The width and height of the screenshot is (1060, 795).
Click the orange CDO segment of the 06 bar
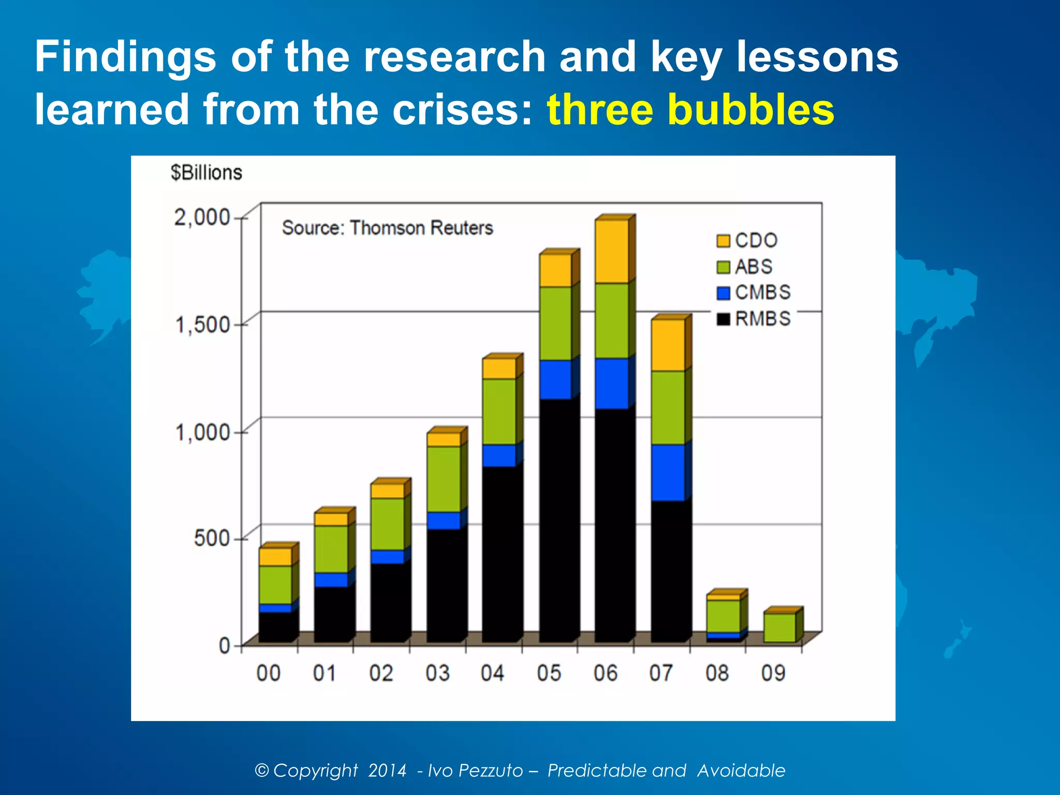(612, 252)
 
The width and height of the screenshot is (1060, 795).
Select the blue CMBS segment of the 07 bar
(668, 473)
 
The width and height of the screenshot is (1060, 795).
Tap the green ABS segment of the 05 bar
(555, 323)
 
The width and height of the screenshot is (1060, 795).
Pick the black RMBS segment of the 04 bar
(499, 554)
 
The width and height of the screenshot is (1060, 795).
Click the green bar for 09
(779, 628)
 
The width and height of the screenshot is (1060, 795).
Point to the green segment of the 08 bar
(723, 616)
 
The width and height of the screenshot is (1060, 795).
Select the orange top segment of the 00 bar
(275, 557)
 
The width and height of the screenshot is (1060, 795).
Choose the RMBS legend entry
(754, 319)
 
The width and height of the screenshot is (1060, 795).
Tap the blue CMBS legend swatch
(723, 293)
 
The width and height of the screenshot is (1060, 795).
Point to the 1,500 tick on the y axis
(203, 325)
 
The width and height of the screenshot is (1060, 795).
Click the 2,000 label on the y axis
(202, 217)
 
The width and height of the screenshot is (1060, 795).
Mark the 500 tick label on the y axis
(212, 538)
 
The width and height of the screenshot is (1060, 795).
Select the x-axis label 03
(437, 673)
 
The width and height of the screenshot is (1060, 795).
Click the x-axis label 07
(661, 673)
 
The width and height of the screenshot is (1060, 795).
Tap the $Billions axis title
(207, 172)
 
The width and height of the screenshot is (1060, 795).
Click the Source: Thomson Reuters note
(387, 228)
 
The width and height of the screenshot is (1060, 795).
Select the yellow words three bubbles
(690, 110)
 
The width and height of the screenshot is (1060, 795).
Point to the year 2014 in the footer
(387, 770)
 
